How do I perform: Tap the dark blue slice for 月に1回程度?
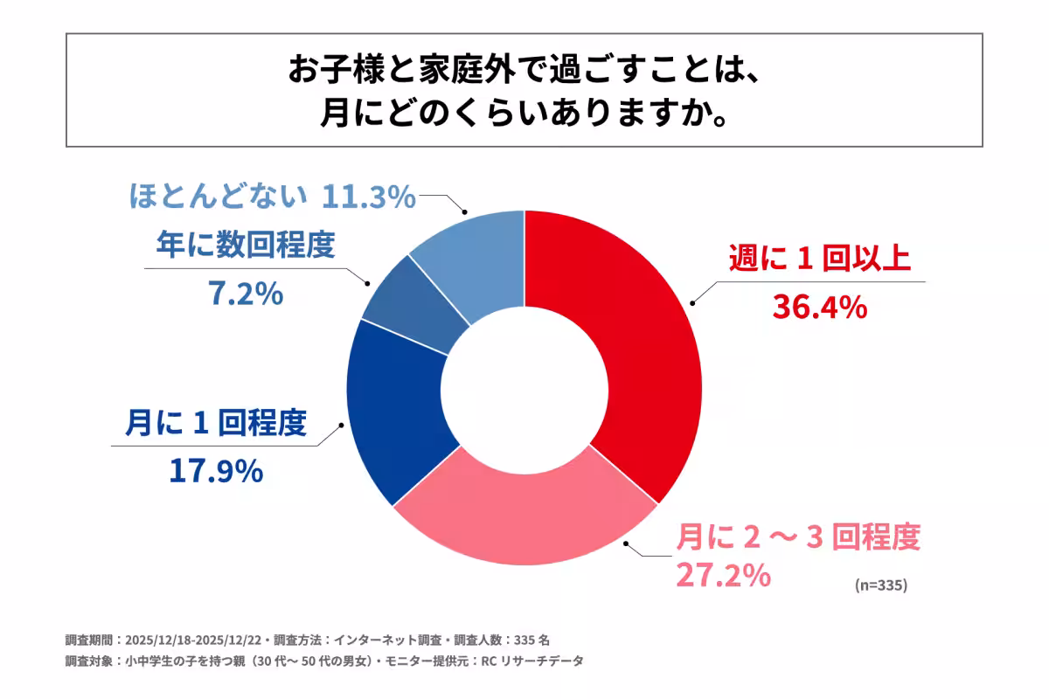coord(398,411)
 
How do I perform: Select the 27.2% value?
coord(723,575)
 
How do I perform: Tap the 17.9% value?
coord(215,471)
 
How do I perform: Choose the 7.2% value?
coord(245,294)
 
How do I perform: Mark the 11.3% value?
coord(368,197)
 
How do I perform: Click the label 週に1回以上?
coord(819,260)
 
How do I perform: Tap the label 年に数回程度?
coord(245,246)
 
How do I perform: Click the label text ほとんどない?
coord(219,197)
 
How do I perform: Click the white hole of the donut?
coord(524,388)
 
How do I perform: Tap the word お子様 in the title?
coord(328,71)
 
